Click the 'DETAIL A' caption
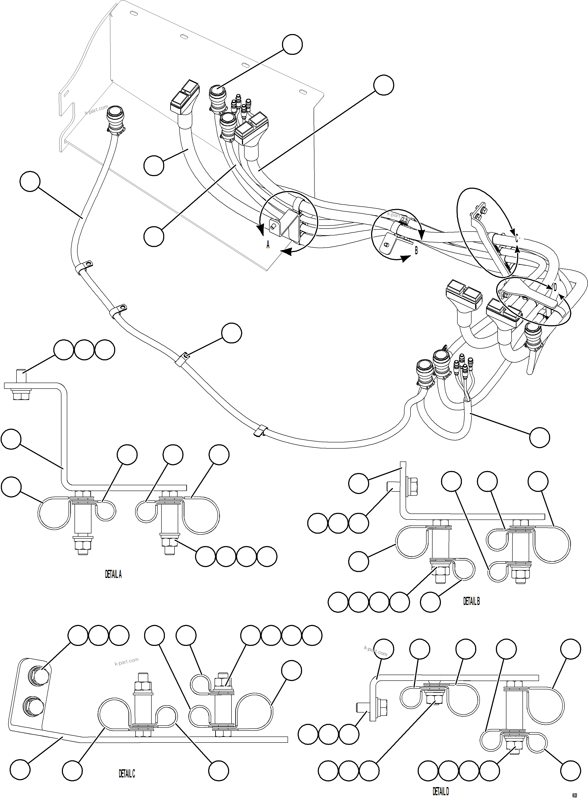[113, 574]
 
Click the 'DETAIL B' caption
[471, 601]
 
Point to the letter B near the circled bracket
[416, 250]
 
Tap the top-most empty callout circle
[292, 45]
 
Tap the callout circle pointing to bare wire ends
[539, 437]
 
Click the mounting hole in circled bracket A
[273, 226]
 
